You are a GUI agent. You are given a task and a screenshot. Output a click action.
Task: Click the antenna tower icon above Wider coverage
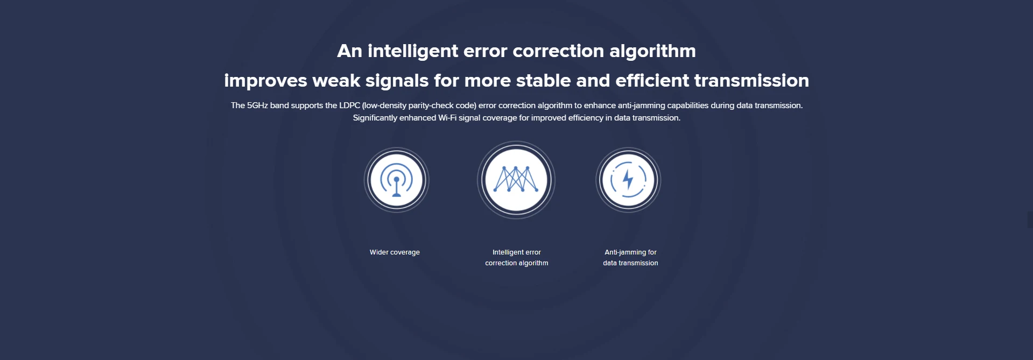pos(397,180)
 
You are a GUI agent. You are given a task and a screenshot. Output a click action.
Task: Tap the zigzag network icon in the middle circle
pos(516,179)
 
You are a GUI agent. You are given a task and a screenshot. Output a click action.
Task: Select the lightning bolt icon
pos(628,180)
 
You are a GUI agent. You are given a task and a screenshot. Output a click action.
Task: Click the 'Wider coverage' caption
pos(395,252)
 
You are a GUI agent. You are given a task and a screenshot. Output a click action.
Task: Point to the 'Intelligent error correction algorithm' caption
pos(517,258)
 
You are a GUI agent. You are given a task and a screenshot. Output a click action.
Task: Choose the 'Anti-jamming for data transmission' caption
pos(630,258)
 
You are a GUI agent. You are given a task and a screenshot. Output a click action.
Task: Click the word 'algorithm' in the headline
pos(652,51)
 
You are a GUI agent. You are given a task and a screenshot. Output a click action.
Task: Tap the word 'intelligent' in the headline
pos(413,51)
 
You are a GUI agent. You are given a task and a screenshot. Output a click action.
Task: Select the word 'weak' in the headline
pos(336,81)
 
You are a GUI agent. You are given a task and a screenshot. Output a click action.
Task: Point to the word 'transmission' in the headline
pos(751,81)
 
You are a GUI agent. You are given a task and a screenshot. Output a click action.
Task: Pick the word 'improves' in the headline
pos(266,81)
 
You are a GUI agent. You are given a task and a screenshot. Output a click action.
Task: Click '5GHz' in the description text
pos(257,105)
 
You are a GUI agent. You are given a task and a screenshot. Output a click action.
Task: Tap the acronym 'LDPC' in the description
pos(349,105)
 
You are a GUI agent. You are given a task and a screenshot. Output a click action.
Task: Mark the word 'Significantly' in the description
pos(375,118)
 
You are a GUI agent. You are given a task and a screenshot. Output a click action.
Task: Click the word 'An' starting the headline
pos(349,51)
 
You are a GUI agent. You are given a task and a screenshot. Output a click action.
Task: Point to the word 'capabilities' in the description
pos(688,106)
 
